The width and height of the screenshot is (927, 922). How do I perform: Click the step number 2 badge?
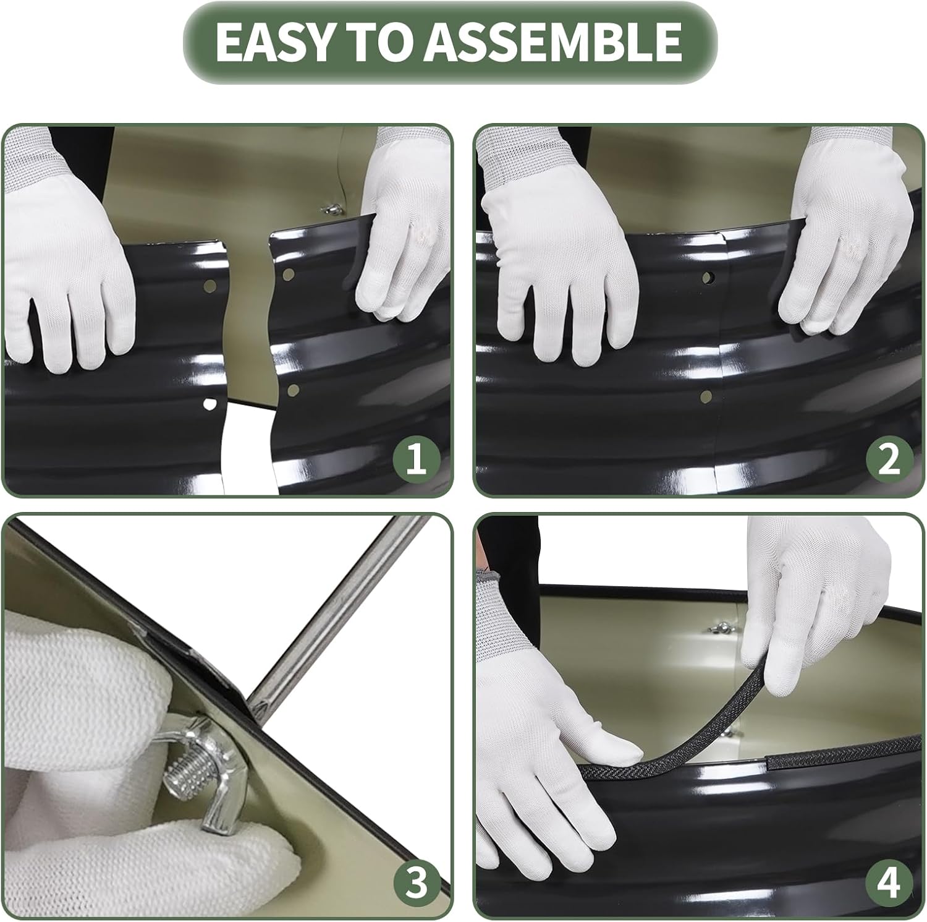[x=889, y=461]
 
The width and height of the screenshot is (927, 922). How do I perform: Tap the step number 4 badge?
[x=889, y=883]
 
